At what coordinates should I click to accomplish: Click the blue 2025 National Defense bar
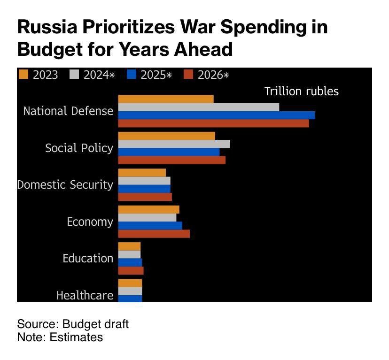[x=216, y=115]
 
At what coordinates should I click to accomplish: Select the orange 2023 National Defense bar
[x=165, y=99]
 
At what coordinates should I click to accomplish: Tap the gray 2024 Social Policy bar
[x=174, y=144]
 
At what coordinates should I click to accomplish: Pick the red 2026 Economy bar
[x=154, y=233]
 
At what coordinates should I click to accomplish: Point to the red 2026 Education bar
[x=131, y=270]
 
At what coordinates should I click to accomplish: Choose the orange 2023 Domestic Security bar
[x=142, y=172]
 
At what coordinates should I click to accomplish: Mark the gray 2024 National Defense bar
[x=198, y=107]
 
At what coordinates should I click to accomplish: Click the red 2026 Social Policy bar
[x=171, y=160]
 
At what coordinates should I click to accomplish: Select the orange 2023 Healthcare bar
[x=130, y=283]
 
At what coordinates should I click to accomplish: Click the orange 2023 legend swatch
[x=23, y=74]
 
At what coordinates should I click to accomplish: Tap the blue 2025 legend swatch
[x=132, y=74]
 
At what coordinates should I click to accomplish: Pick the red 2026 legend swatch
[x=189, y=74]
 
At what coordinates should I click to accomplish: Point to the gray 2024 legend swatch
[x=75, y=74]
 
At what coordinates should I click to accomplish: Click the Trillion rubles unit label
[x=301, y=91]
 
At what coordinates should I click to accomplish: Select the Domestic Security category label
[x=65, y=184]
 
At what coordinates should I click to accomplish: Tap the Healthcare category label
[x=85, y=295]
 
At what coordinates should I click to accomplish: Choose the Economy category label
[x=90, y=222]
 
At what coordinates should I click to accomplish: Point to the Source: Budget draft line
[x=73, y=324]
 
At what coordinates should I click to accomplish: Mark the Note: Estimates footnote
[x=60, y=337]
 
